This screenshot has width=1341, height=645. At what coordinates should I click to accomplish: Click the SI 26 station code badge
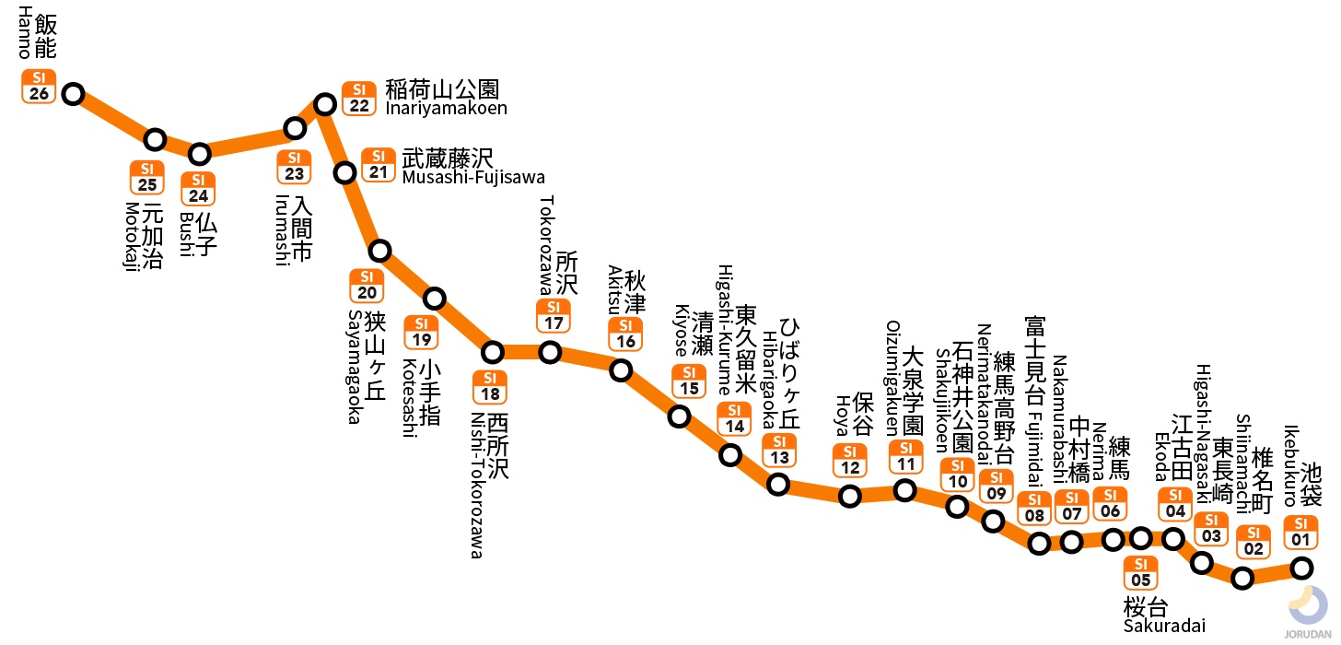pyautogui.click(x=39, y=86)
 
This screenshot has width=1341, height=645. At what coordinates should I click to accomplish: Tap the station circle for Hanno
pyautogui.click(x=73, y=94)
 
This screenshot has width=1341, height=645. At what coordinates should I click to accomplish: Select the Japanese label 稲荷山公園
pyautogui.click(x=442, y=89)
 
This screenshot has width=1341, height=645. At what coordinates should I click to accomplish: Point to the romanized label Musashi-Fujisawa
pyautogui.click(x=473, y=177)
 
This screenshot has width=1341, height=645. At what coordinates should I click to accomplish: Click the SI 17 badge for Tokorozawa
pyautogui.click(x=554, y=315)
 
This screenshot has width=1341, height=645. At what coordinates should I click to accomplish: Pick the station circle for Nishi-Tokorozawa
pyautogui.click(x=494, y=352)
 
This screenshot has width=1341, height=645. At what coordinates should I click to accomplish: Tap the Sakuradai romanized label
pyautogui.click(x=1163, y=627)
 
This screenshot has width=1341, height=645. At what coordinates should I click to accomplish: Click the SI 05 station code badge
pyautogui.click(x=1141, y=572)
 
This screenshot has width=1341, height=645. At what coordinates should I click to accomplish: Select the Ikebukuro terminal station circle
pyautogui.click(x=1301, y=568)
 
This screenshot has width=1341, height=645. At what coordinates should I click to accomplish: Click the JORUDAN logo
pyautogui.click(x=1308, y=613)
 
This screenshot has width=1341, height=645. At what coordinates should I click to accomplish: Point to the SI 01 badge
pyautogui.click(x=1300, y=532)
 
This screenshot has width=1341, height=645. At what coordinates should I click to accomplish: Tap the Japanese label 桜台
pyautogui.click(x=1146, y=607)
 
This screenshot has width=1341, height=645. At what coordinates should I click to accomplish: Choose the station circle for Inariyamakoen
pyautogui.click(x=324, y=104)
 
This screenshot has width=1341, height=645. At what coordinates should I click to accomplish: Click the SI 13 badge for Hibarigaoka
pyautogui.click(x=779, y=451)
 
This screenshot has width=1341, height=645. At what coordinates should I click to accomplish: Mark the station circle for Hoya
pyautogui.click(x=850, y=496)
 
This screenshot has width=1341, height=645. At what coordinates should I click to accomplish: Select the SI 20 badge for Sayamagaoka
pyautogui.click(x=367, y=286)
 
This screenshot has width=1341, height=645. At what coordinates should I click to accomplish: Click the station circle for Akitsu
pyautogui.click(x=622, y=370)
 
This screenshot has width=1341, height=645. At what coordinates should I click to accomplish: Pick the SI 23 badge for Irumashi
pyautogui.click(x=294, y=167)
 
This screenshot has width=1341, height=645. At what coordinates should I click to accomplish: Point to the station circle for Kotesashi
pyautogui.click(x=435, y=298)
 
